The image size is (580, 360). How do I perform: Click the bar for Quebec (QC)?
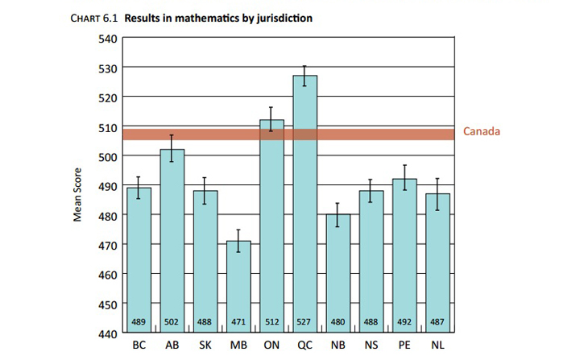(304, 209)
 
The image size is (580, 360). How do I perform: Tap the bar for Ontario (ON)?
(271, 226)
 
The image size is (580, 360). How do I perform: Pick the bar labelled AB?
(172, 242)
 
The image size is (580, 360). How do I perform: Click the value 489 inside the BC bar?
(139, 322)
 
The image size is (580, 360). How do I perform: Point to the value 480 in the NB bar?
(338, 322)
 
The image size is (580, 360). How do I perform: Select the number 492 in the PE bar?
(404, 322)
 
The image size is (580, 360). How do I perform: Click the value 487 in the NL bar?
(437, 322)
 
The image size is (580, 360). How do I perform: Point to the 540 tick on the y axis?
(108, 38)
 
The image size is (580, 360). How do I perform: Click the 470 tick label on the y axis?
(108, 245)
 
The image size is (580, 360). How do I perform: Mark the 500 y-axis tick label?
(108, 156)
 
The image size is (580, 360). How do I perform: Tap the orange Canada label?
(482, 131)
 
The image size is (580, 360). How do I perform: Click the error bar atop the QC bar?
(304, 76)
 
